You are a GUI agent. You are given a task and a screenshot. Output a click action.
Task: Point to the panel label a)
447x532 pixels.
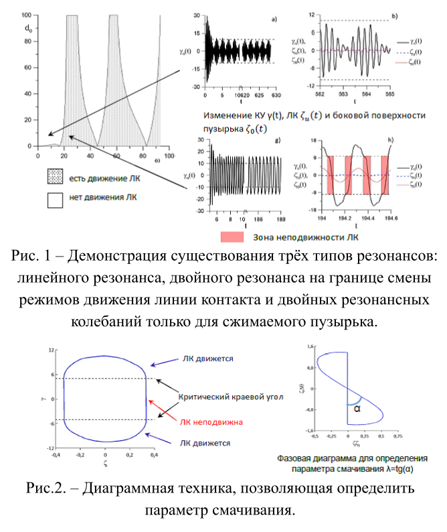coord(275,18)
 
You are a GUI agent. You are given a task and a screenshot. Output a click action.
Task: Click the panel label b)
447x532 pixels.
coord(395,15)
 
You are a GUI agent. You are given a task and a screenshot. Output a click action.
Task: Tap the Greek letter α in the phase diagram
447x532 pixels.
coord(357,406)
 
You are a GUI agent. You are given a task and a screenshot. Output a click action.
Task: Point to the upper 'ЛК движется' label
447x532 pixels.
coord(206,359)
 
